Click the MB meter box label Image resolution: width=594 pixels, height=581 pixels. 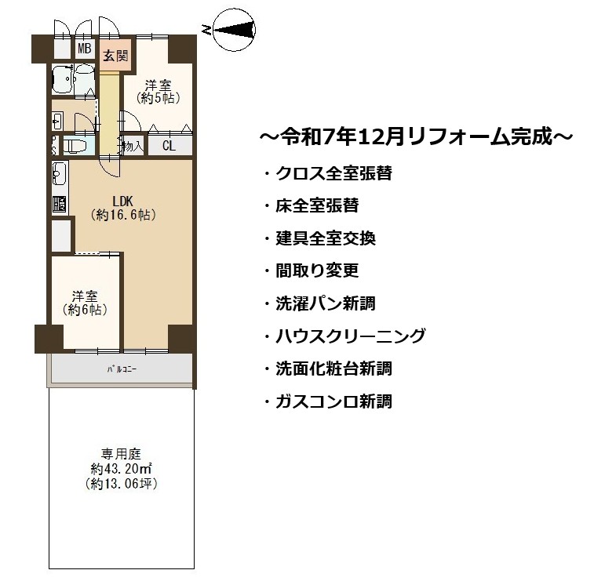(x=85, y=49)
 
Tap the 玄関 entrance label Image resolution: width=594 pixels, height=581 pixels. (x=115, y=56)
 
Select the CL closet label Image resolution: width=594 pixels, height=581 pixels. (x=169, y=146)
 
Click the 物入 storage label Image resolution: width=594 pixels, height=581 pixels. (x=133, y=146)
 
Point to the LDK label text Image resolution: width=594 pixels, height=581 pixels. (x=123, y=201)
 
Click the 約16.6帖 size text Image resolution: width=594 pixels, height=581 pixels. (x=123, y=215)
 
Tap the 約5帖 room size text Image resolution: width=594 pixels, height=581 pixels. (x=158, y=98)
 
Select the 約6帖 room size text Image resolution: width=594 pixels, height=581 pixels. (x=85, y=310)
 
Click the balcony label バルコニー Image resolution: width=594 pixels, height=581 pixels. (x=122, y=369)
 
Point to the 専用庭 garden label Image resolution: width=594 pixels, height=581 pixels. (x=121, y=453)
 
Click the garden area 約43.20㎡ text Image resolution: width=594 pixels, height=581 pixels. (x=121, y=469)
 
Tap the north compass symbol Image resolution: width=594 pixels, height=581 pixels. (x=234, y=31)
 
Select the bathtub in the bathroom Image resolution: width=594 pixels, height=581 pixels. (x=61, y=79)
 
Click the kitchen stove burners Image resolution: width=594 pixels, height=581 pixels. (x=60, y=204)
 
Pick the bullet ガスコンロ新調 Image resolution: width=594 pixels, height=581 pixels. (x=328, y=401)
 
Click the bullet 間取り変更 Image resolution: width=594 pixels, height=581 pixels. (x=312, y=271)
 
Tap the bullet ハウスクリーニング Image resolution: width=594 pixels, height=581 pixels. (x=344, y=336)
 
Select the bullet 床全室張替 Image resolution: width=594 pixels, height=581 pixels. (x=312, y=205)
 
